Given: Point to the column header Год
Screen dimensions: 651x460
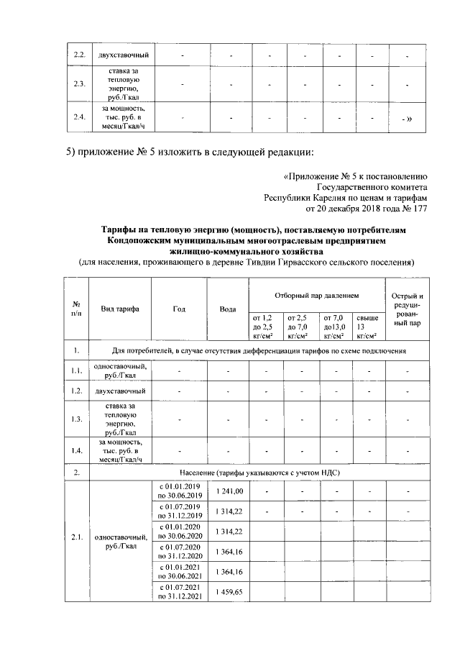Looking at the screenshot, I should point(180,309).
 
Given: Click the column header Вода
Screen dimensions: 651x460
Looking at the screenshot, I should point(227,309).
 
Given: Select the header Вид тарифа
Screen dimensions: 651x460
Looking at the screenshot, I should point(120,309).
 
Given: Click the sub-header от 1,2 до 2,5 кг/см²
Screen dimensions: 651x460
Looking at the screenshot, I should point(264,325).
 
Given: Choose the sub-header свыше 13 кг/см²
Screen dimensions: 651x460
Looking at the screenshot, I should point(367,325).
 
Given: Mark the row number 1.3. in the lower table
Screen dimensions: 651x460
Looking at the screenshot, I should point(75,419).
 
